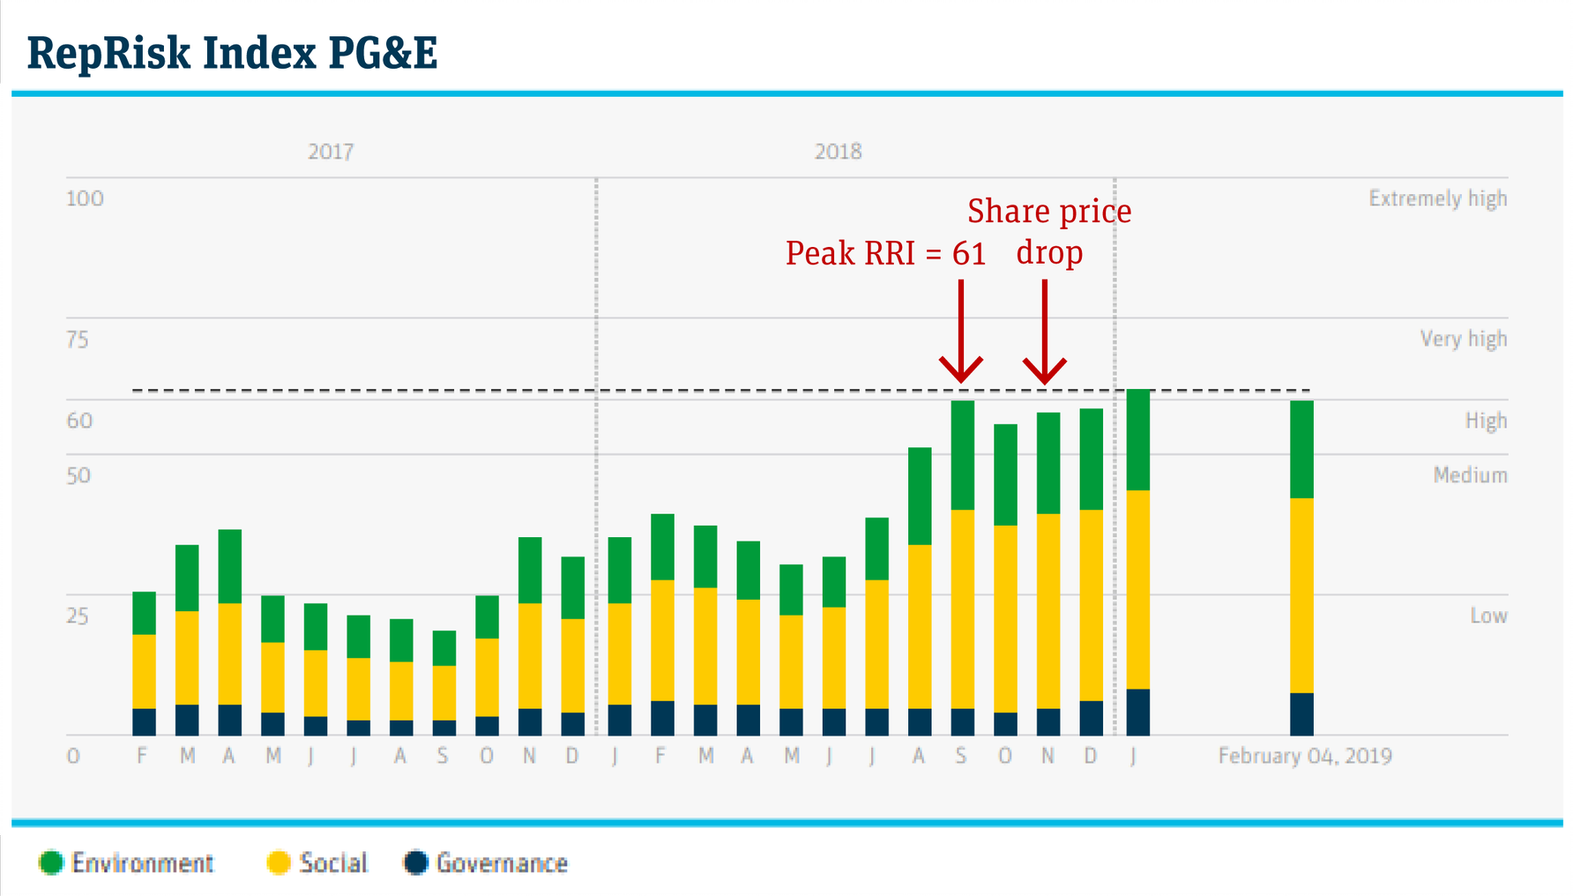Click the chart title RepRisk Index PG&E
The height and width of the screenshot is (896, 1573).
[x=232, y=53]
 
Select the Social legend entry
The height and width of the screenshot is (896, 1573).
[x=317, y=862]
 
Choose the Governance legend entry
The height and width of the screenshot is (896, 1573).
[x=487, y=862]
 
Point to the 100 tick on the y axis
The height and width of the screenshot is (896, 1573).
[x=85, y=198]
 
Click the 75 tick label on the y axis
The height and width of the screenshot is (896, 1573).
[x=78, y=340]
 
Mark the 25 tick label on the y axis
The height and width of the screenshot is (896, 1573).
[x=78, y=616]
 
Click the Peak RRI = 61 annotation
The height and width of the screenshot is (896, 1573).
[x=885, y=253]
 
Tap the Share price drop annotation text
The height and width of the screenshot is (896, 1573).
[x=1049, y=231]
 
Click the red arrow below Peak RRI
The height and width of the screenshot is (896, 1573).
[x=961, y=331]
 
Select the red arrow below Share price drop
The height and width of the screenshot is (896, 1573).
[x=1045, y=331]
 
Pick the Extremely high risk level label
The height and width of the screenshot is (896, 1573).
[x=1437, y=198]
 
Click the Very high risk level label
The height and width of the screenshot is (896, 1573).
[x=1463, y=339]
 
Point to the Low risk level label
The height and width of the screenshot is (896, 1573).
[x=1488, y=616]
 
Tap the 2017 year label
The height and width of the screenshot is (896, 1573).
[x=331, y=152]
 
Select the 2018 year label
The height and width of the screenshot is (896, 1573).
[x=838, y=152]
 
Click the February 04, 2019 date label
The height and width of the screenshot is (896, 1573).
[x=1305, y=756]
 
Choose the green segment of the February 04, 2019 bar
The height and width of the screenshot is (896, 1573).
[x=1301, y=450]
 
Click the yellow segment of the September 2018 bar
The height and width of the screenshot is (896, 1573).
[x=962, y=609]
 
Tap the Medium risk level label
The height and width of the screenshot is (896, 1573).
[x=1470, y=475]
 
